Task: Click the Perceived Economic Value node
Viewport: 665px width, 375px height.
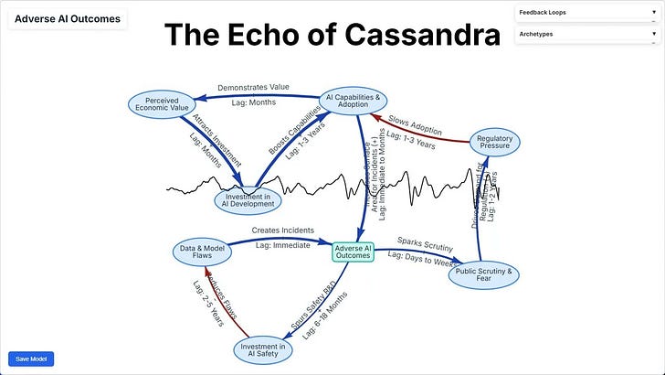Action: click(x=162, y=103)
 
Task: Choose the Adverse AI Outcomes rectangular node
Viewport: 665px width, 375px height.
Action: click(x=353, y=252)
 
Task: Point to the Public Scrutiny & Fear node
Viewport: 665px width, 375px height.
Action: click(x=484, y=273)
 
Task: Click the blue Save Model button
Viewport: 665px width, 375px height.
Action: click(x=31, y=359)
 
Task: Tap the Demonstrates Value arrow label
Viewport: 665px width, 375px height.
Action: click(x=253, y=87)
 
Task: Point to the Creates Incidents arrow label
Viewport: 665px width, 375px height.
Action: click(x=282, y=230)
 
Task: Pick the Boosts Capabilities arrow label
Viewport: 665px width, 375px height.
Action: click(x=294, y=129)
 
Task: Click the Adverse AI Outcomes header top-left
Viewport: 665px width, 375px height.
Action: click(x=67, y=18)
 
